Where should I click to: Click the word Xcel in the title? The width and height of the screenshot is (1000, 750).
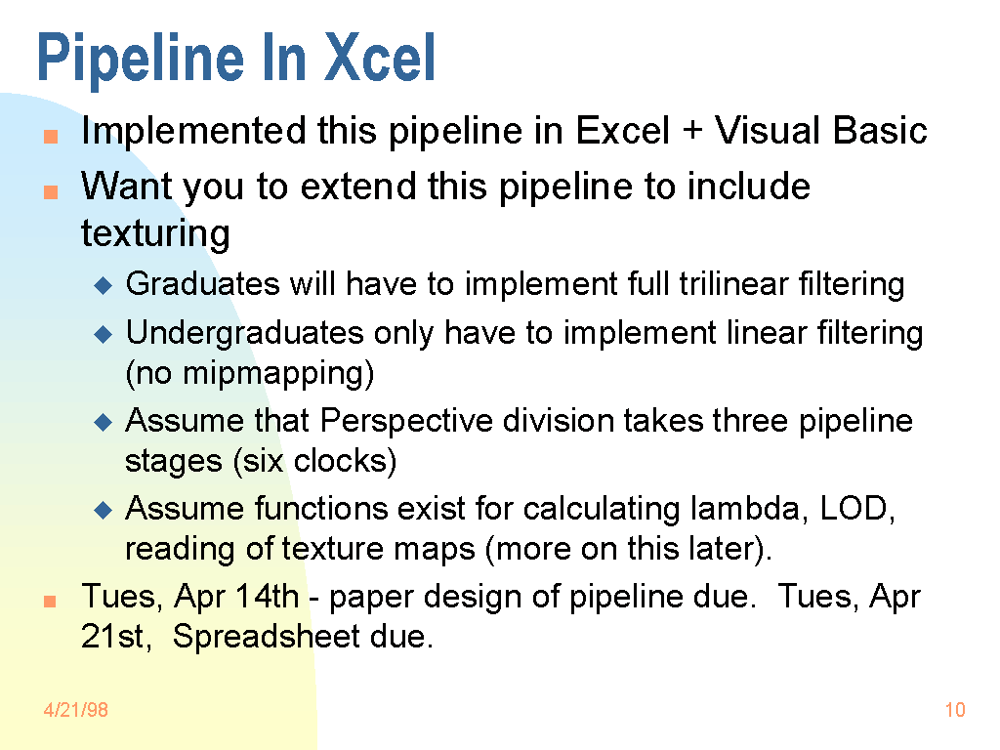380,58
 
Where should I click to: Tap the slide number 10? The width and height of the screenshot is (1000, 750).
955,710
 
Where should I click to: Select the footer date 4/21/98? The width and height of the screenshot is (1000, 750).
75,710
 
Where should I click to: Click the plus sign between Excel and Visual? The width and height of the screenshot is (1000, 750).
692,132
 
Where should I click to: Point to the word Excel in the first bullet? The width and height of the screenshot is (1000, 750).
622,130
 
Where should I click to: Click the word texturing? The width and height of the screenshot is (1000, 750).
155,233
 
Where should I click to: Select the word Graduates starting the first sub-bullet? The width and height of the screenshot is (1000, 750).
202,284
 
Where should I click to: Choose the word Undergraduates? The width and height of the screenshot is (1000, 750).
245,334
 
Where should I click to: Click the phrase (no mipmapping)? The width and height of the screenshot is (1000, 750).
249,374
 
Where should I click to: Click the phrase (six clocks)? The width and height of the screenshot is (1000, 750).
315,461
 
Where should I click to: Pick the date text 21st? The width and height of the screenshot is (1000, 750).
116,637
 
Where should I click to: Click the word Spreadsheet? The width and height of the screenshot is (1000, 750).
266,637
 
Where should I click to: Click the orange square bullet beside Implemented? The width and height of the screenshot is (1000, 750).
51,137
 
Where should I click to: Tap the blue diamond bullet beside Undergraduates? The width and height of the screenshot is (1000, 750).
103,334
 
